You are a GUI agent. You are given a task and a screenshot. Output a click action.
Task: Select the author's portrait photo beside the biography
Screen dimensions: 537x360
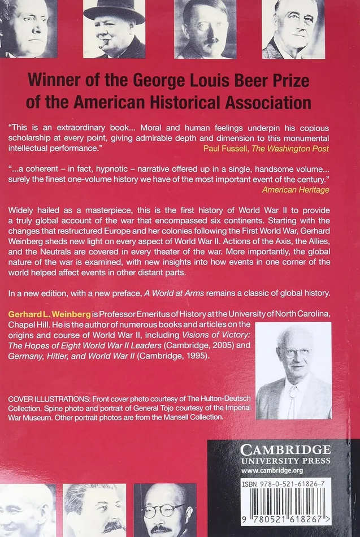pyautogui.click(x=293, y=370)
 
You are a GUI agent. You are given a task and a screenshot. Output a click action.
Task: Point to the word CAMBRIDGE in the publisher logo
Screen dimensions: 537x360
pyautogui.click(x=285, y=450)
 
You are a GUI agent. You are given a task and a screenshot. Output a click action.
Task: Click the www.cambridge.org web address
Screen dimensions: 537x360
pyautogui.click(x=274, y=470)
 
